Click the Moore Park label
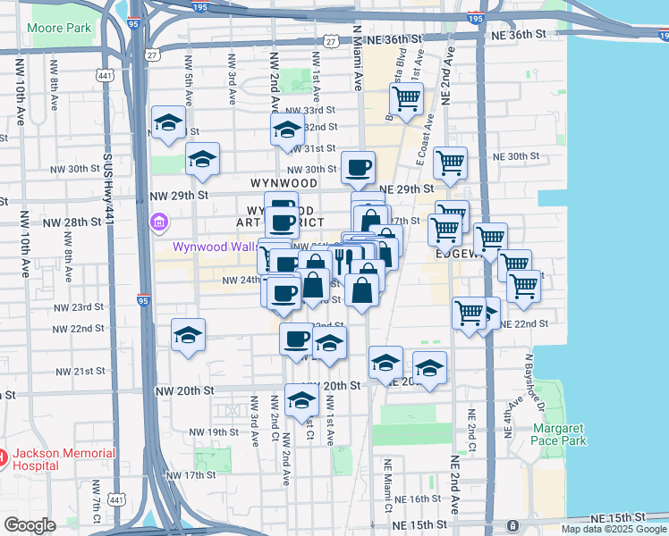point(59,29)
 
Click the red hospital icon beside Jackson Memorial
point(2,459)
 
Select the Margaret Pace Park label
point(559,434)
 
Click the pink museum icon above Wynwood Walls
point(160,222)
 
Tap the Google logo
point(30,525)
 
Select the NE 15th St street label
point(618,518)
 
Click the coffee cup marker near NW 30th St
point(358,167)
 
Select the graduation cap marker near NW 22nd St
point(188,335)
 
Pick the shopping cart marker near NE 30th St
point(450,163)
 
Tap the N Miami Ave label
point(357,58)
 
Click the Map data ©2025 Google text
point(614,529)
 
